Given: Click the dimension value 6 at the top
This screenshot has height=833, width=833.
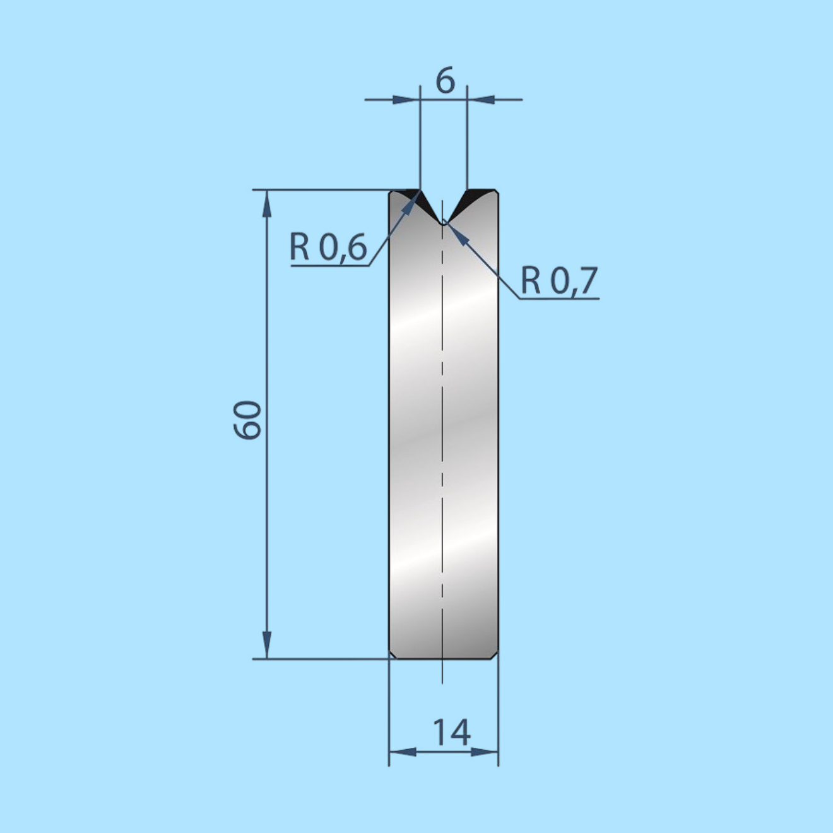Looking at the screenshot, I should [x=445, y=81].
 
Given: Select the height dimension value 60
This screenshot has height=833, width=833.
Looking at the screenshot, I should [x=247, y=420].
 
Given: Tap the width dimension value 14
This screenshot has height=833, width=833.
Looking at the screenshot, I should [x=451, y=733].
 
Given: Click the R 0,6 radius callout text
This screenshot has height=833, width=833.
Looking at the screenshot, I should [x=328, y=247].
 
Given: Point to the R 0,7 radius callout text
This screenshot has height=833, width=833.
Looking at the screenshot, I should [x=559, y=280].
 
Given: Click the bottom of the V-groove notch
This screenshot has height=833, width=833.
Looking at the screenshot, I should [x=444, y=222].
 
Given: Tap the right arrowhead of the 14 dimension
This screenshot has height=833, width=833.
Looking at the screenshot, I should [x=485, y=752].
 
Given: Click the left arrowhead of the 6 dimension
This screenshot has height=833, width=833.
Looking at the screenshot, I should [x=406, y=99].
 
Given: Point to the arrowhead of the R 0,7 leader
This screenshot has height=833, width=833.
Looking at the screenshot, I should [x=457, y=234].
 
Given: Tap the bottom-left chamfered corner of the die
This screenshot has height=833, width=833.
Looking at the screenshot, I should [x=392, y=654].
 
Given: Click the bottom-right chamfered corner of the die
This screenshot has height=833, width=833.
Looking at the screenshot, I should [x=495, y=654].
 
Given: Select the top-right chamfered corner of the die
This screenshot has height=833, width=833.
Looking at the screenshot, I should [x=495, y=192].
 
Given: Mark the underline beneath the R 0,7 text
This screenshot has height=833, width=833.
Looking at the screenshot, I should [x=559, y=298].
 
